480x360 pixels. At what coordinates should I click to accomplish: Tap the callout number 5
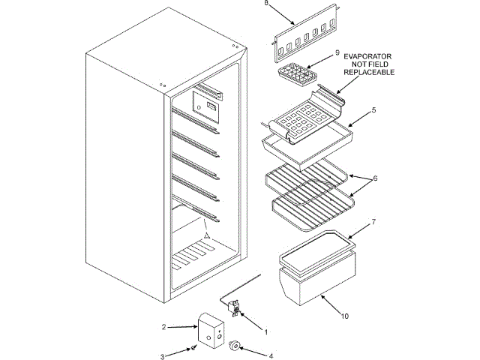click(x=373, y=110)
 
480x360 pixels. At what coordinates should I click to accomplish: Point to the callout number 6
click(x=375, y=178)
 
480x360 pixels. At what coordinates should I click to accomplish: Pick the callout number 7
click(x=373, y=223)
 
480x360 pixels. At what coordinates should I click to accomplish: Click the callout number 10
click(x=344, y=316)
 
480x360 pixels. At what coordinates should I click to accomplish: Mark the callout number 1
click(x=264, y=330)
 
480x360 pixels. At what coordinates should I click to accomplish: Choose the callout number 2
click(x=163, y=327)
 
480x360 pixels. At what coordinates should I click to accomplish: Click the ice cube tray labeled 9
click(x=297, y=73)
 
